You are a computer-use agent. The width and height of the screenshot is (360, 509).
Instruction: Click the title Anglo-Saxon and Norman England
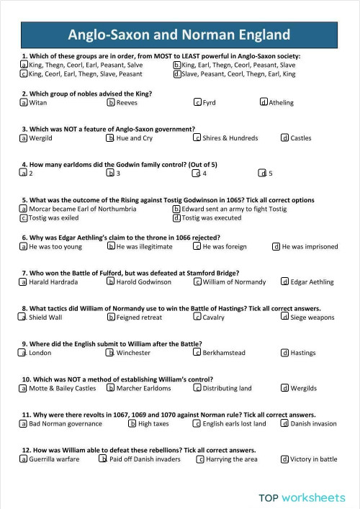179,35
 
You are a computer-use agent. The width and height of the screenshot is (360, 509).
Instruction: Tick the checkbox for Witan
24,103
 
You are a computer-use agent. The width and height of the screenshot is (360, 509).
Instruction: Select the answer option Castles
285,138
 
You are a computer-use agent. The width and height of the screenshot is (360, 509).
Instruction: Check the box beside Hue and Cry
110,138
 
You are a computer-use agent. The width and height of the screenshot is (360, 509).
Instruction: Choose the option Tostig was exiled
24,218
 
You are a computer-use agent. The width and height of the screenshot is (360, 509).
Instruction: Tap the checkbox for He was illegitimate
111,246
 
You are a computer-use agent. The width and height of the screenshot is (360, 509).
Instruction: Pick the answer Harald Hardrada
24,282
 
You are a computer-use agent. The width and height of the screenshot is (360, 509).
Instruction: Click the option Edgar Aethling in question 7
285,282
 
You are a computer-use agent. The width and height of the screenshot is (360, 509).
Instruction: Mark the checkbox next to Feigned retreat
111,317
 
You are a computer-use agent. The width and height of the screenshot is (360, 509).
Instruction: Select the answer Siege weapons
285,317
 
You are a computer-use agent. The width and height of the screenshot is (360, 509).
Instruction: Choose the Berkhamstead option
197,353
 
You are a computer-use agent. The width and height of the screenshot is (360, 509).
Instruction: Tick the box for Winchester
111,353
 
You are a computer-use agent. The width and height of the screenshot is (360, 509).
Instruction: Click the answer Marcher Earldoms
111,388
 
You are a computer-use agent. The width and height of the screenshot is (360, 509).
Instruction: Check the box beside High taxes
132,423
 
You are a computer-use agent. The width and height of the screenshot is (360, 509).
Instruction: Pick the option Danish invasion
285,423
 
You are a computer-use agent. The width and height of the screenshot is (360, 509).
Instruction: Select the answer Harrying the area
200,459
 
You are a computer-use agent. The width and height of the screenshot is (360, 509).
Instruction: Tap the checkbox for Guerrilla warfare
24,459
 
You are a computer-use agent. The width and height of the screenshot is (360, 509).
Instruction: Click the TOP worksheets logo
302,497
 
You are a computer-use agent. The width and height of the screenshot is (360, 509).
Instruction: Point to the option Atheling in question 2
264,103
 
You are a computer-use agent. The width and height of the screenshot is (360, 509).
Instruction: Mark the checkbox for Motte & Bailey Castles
24,388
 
